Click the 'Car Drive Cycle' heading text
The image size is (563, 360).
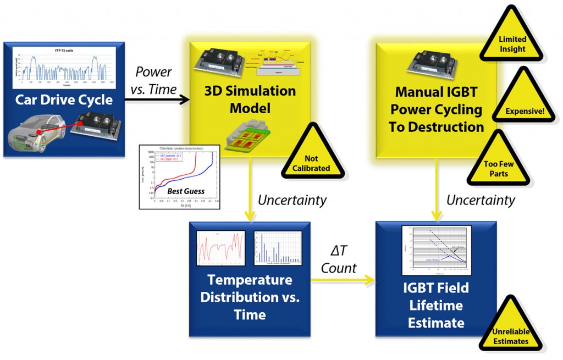64,99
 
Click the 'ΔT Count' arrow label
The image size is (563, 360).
339,260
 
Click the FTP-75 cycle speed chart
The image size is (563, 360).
64,67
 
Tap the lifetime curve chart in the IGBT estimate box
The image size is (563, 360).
435,250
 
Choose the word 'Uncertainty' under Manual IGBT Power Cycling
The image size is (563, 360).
480,200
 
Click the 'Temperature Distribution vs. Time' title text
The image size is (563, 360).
250,297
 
